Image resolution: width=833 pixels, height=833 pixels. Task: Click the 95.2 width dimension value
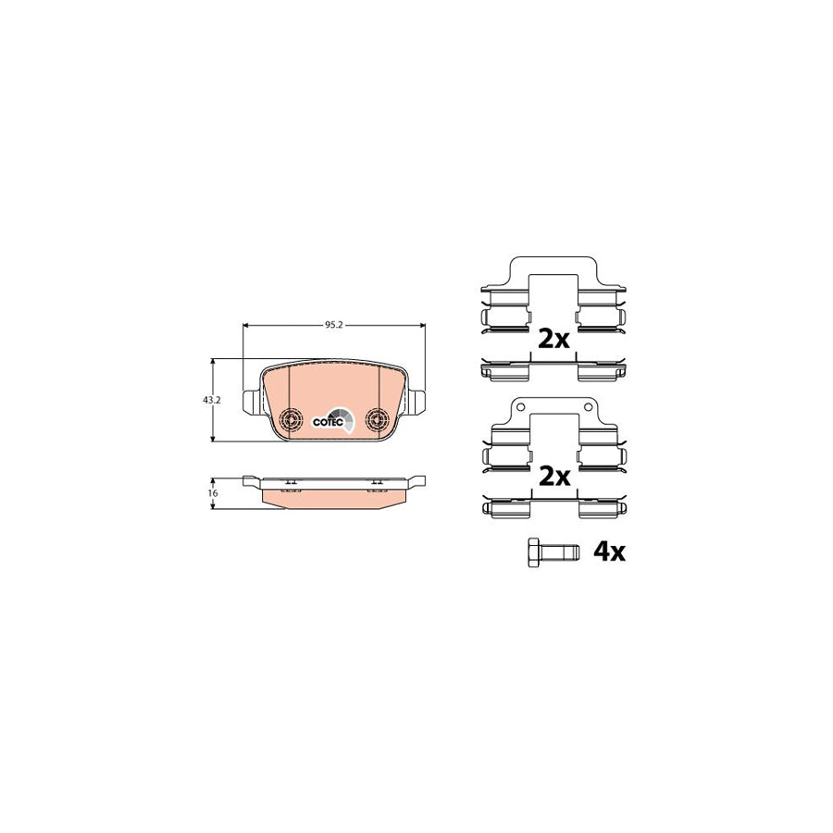tap(334, 325)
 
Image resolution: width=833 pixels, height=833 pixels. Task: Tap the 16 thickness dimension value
tap(212, 493)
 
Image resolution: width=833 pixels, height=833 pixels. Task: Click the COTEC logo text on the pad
tap(329, 421)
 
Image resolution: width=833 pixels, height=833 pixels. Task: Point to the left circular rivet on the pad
tap(290, 419)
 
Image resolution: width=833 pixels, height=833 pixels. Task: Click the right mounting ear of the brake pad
tap(418, 404)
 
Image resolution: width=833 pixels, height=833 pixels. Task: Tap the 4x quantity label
tap(609, 553)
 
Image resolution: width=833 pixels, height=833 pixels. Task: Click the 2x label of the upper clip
tap(553, 339)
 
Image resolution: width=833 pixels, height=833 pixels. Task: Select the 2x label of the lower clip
tap(553, 477)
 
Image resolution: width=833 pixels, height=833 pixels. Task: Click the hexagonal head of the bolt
tap(532, 552)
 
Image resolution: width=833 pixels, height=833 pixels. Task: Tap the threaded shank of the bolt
tap(562, 553)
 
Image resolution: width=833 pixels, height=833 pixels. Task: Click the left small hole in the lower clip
tap(518, 408)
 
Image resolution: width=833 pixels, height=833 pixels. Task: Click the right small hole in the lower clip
tap(589, 408)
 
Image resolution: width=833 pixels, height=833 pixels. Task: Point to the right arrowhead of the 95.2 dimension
tap(421, 325)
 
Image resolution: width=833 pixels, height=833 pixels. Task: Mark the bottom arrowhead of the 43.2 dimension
tap(214, 439)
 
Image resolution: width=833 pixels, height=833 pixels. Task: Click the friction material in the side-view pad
tap(335, 497)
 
